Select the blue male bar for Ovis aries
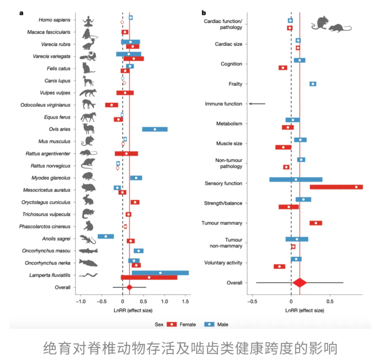click(155, 129)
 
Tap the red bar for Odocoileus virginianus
click(111, 105)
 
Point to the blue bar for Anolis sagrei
click(105, 236)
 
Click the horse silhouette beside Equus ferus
click(88, 117)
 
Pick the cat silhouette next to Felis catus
click(87, 68)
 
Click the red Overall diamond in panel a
click(129, 287)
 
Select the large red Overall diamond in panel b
click(300, 283)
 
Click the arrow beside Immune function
click(257, 104)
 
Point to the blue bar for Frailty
click(313, 84)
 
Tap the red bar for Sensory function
click(336, 187)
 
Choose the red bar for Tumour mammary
click(316, 223)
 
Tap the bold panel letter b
click(204, 13)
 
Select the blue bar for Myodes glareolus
click(136, 178)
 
